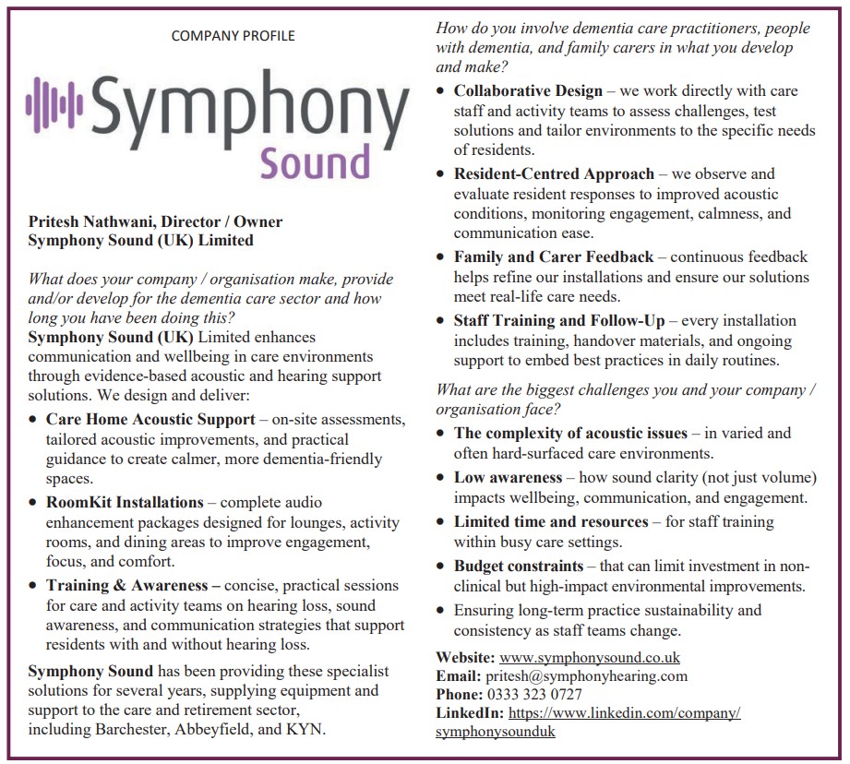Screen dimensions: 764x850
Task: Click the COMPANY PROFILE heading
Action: [x=233, y=36]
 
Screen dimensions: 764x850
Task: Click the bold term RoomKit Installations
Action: [x=125, y=503]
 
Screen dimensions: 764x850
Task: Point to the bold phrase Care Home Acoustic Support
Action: [x=150, y=419]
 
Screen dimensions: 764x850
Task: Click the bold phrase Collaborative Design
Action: [x=528, y=90]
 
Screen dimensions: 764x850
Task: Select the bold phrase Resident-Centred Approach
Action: [x=554, y=173]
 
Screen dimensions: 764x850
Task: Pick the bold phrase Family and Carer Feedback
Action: [x=554, y=257]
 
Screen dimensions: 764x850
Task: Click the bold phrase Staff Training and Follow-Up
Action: [x=559, y=321]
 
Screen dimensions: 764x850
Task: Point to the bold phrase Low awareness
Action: [x=508, y=477]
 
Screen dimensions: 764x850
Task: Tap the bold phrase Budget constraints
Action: [x=519, y=566]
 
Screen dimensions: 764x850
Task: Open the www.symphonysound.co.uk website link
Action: [x=590, y=658]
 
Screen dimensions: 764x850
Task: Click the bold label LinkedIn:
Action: [x=470, y=713]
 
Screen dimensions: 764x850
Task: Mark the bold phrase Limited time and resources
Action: [x=551, y=521]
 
